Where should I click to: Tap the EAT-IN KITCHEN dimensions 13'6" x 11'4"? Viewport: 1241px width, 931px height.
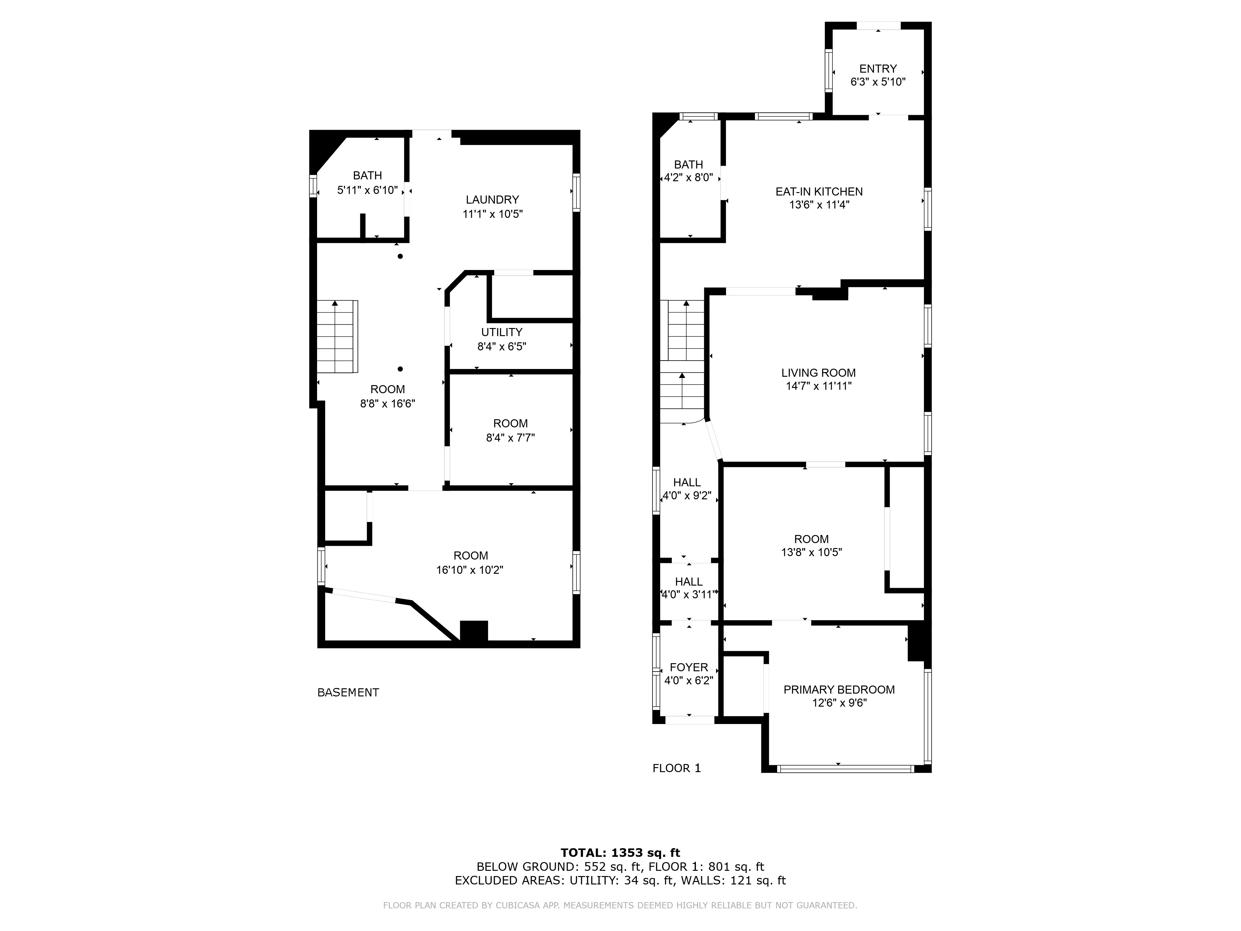pos(819,205)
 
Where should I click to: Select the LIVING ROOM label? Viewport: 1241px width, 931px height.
pos(818,373)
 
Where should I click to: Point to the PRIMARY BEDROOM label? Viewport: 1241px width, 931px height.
pos(839,690)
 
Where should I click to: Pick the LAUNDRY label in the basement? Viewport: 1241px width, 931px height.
pos(492,200)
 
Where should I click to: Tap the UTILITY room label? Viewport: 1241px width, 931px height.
pos(502,332)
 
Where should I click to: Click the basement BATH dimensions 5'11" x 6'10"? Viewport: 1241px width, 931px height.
pos(367,190)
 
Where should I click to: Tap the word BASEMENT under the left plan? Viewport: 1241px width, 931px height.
pos(348,692)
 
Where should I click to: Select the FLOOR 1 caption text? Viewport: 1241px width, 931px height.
pos(677,768)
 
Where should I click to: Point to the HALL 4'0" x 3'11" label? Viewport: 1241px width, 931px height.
pos(688,588)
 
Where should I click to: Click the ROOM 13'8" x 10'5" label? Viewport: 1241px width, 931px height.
pos(811,546)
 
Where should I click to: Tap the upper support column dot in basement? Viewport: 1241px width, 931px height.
pos(400,256)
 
